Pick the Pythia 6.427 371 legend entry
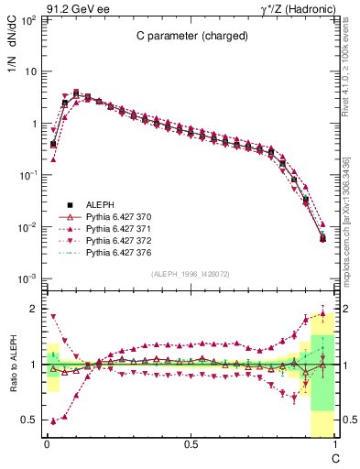tap(117, 228)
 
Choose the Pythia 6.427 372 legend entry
tap(117, 240)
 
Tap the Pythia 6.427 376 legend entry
tap(117, 252)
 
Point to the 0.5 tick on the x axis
tap(191, 444)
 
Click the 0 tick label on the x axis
tap(47, 444)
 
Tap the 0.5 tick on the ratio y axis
tap(27, 420)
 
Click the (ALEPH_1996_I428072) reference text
tap(191, 274)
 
